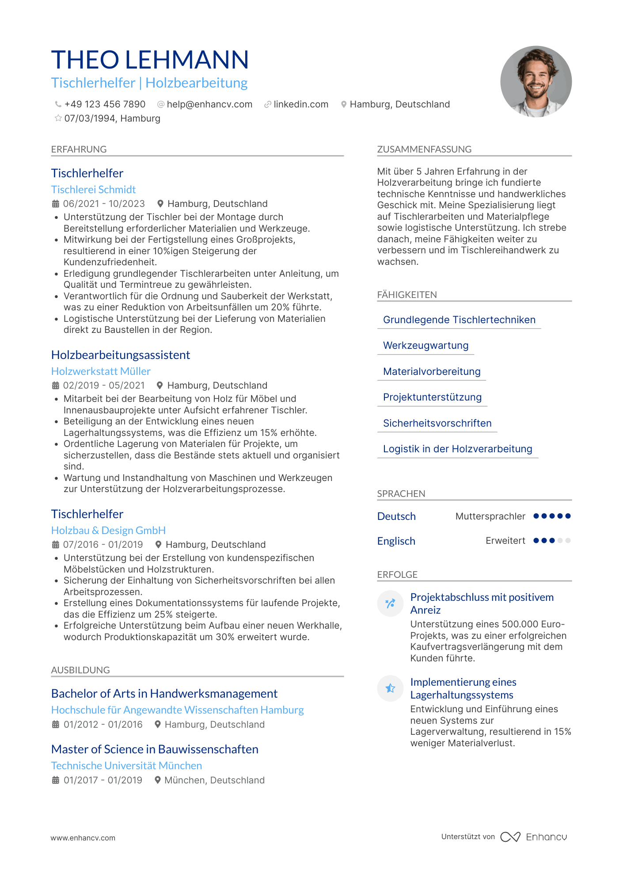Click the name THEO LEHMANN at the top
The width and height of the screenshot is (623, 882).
150,60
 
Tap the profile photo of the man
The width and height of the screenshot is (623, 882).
536,82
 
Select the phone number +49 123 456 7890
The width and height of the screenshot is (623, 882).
105,104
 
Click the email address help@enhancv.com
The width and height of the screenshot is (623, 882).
209,104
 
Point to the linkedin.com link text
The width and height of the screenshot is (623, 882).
301,104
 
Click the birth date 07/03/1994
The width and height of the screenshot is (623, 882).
91,118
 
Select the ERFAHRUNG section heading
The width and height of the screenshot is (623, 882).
79,149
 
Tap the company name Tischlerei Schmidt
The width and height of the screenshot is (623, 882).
93,190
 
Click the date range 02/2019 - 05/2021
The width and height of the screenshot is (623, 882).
104,386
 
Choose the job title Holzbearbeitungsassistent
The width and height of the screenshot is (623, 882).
121,355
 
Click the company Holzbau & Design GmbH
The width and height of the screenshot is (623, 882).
108,531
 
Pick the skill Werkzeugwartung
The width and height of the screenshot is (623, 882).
425,346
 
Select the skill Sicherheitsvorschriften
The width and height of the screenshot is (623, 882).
437,423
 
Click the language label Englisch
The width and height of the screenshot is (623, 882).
396,541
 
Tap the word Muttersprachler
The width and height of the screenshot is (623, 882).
490,516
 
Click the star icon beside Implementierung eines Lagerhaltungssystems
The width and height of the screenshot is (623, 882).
390,688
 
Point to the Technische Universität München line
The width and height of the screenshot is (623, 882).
126,766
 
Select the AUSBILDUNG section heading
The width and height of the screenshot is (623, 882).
80,670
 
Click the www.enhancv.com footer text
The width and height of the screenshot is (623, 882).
83,838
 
